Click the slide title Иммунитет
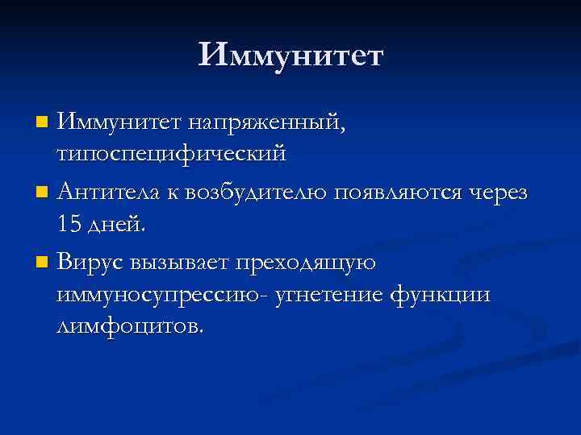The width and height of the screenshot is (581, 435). tap(291, 56)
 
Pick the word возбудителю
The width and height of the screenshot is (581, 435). tap(257, 193)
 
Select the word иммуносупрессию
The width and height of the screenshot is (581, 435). tap(151, 296)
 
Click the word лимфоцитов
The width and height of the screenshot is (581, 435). tap(131, 326)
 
